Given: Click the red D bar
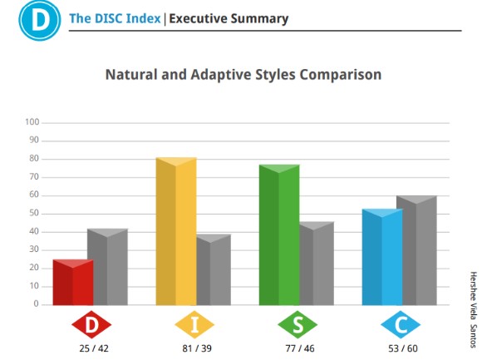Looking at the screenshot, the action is pos(73,282).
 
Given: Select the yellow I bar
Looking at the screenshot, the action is pos(176,231).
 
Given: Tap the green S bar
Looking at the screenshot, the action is pos(279,235).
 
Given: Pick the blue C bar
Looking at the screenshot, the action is pos(382,257).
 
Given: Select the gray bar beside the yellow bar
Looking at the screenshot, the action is pos(214,269).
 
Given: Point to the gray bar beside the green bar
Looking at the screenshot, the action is pos(317,264).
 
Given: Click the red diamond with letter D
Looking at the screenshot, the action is pos(91,324).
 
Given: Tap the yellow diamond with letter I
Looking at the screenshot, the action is pos(194,324).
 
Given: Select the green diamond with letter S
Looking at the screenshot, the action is pos(298,324).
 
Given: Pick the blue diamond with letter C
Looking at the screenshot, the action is pos(401,324).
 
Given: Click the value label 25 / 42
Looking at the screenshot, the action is pos(94,348).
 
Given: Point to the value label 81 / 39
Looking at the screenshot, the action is pos(197,348).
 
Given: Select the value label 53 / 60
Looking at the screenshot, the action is pos(403,348).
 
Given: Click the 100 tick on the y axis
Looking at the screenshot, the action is pos(32,122).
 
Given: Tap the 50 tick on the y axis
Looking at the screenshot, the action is pos(34,213).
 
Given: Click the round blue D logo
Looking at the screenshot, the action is pos(40,20).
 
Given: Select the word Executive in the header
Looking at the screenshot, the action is pos(197,18).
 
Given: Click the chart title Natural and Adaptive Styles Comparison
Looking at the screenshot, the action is pos(243,75).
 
